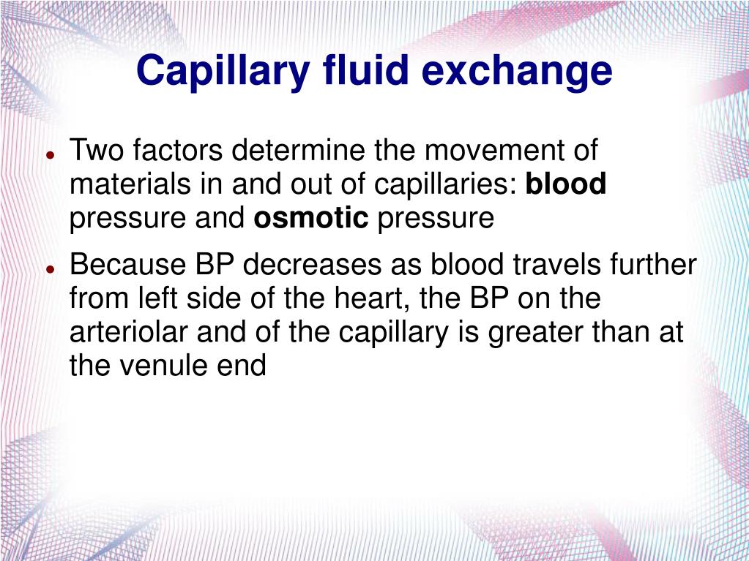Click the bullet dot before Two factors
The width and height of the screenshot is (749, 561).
[49, 156]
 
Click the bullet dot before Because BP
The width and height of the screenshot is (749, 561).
[49, 269]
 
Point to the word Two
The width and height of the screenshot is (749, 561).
[97, 150]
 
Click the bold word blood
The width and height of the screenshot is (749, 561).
[565, 184]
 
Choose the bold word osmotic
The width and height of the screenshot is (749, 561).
[311, 218]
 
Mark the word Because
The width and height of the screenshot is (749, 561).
[127, 264]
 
